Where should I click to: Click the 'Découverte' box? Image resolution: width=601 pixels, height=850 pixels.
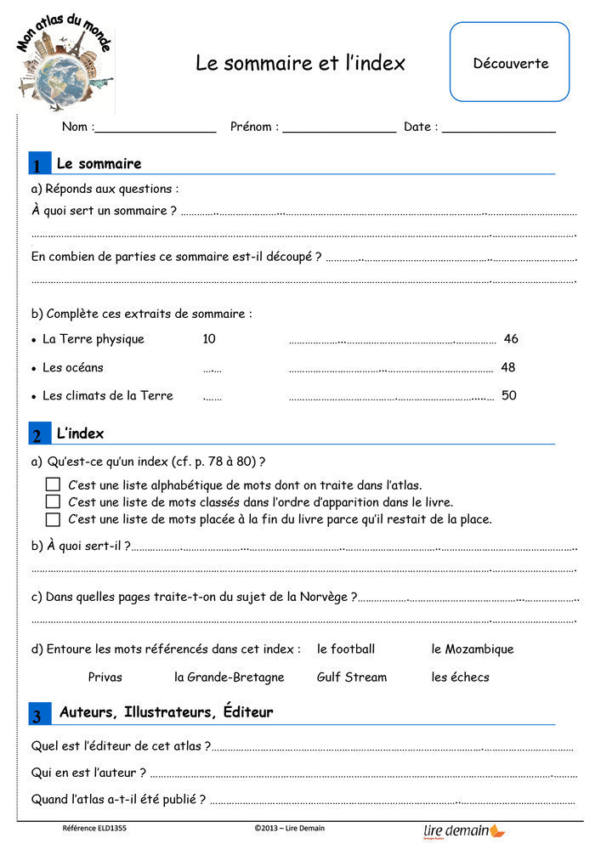pos(510,62)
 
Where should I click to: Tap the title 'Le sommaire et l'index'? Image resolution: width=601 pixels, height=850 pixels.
pos(300,63)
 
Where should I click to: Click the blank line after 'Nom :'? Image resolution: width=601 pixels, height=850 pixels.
pos(156,128)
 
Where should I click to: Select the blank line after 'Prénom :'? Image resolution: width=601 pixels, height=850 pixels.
pos(339,128)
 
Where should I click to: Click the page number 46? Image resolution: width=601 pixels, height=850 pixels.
pos(510,339)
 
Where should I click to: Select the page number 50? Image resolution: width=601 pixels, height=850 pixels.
pos(508,395)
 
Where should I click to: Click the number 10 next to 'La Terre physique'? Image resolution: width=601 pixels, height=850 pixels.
pos(209,339)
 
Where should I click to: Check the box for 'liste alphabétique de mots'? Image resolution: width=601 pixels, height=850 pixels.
pos(53,484)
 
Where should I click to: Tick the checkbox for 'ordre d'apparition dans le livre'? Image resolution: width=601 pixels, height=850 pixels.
pos(53,501)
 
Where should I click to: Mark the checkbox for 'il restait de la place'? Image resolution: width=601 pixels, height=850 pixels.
pos(53,518)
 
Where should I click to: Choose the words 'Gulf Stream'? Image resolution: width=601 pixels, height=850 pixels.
pos(351,677)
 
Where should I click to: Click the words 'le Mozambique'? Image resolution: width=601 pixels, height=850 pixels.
pos(472,649)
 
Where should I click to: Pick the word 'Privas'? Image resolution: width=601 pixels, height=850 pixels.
pos(105,677)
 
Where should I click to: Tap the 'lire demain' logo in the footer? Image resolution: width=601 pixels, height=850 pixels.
pos(463,830)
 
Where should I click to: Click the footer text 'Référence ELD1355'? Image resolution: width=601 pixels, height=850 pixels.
pos(94,828)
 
